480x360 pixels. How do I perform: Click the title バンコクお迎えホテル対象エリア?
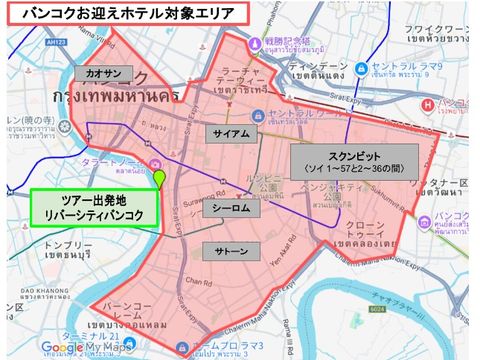point(120,14)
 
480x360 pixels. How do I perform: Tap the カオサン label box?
point(104,72)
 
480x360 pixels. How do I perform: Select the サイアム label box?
point(232,132)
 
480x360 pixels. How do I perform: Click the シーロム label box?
point(234,209)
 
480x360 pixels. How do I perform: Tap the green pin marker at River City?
point(158,179)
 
